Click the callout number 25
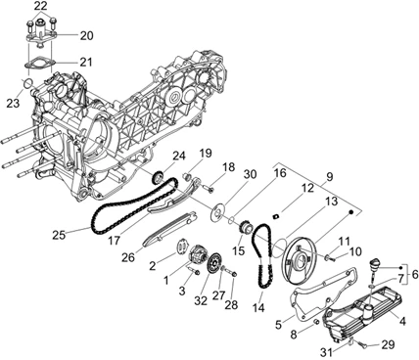tap(59, 235)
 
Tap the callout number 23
tap(13, 103)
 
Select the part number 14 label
tap(258, 307)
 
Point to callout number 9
tap(329, 177)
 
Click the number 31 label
tap(327, 352)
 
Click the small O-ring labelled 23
tap(28, 83)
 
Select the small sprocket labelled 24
tap(158, 177)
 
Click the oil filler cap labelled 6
tap(375, 263)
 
